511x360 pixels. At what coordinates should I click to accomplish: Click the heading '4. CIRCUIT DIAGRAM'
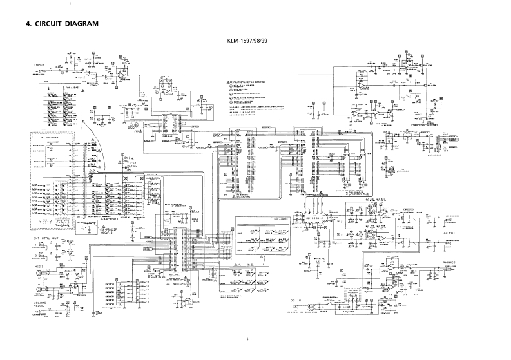62,24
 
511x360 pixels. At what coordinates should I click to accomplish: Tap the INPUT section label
42,66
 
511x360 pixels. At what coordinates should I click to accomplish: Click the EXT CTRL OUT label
46,238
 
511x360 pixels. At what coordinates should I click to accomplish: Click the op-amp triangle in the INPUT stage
120,75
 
